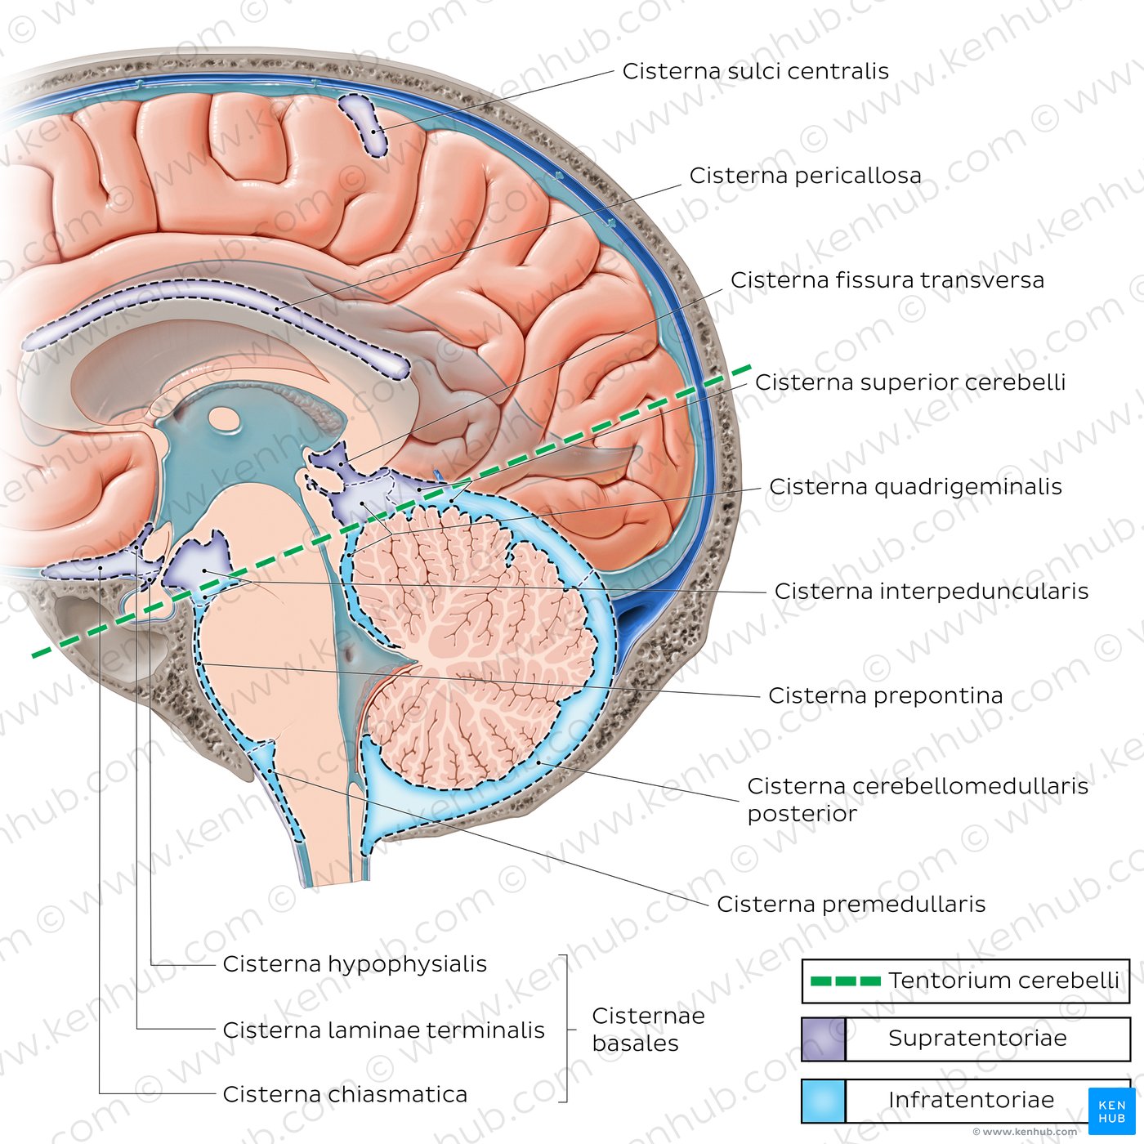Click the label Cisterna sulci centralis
(755, 72)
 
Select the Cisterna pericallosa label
(805, 177)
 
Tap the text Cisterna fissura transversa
(887, 281)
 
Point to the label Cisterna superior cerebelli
(909, 383)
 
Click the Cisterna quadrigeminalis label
(915, 488)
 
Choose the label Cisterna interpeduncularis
(931, 592)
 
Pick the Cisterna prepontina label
(885, 696)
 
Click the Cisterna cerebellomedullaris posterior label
(917, 799)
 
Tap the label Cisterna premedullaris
(851, 905)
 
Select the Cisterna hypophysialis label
(355, 964)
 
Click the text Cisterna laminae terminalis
(383, 1030)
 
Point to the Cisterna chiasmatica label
(345, 1095)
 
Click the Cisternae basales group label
(647, 1030)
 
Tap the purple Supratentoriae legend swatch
(823, 1039)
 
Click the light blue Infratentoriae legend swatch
(823, 1101)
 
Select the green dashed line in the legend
(845, 981)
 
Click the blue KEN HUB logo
(1111, 1110)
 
